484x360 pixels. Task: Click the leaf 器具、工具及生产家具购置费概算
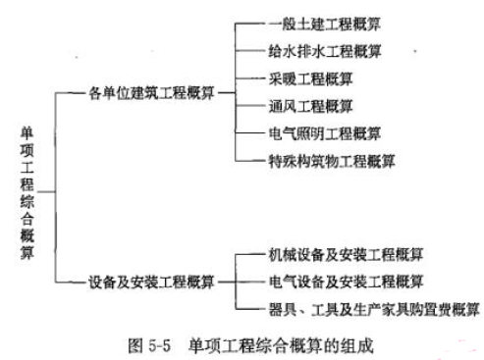click(x=373, y=309)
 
